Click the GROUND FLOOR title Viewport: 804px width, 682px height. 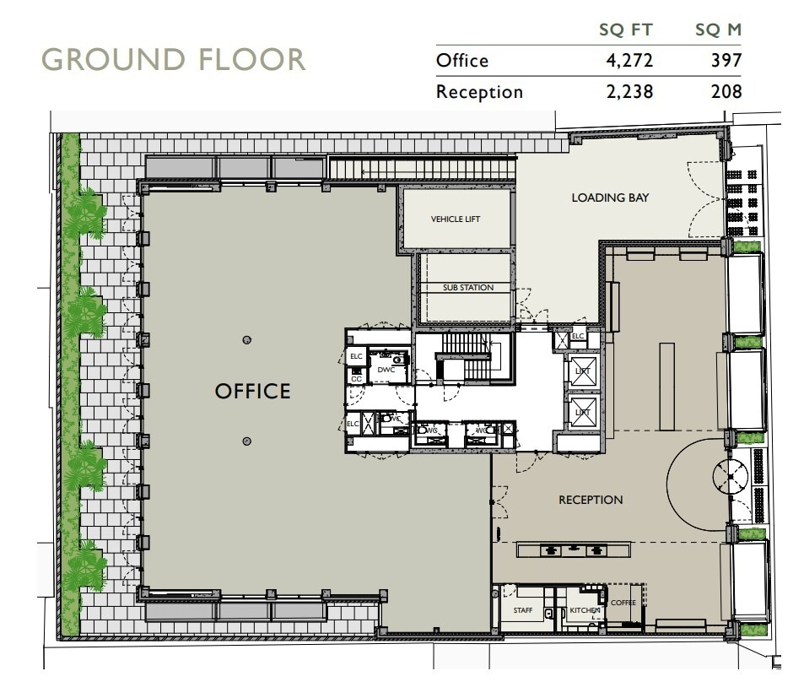173,60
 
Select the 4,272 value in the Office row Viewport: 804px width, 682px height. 629,61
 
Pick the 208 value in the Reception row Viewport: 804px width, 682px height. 726,91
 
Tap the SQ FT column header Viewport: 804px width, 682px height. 628,30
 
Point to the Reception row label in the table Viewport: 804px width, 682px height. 479,91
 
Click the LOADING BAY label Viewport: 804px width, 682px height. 610,198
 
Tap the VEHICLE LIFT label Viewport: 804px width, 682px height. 456,219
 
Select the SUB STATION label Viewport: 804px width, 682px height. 468,288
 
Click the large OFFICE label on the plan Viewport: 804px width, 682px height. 252,392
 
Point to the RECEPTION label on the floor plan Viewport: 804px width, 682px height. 591,500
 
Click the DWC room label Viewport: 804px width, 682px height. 386,370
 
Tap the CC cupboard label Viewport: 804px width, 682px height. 356,379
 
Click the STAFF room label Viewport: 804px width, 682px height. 523,610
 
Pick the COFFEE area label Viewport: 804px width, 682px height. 623,603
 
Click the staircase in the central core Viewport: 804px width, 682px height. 466,355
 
